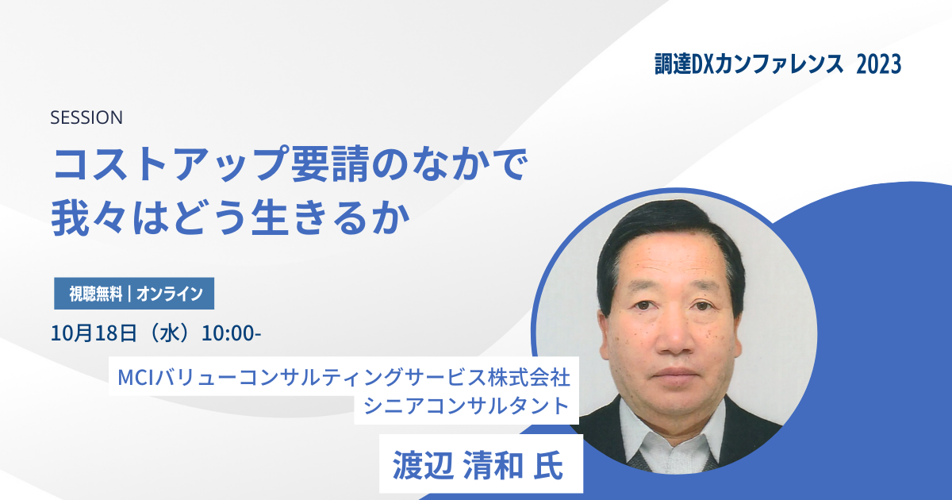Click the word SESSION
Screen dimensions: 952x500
[x=86, y=117]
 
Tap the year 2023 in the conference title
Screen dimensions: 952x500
[x=878, y=64]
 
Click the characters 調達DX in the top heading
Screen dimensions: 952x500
[x=684, y=64]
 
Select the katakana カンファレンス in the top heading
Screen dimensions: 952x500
[x=778, y=64]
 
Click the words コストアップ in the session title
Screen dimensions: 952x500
[x=169, y=164]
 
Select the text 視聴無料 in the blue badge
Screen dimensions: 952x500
[x=96, y=294]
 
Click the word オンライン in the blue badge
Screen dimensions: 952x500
[x=170, y=294]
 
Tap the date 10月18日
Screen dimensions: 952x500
[x=94, y=333]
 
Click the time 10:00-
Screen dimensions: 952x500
[x=231, y=333]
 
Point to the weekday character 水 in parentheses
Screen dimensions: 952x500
[x=170, y=333]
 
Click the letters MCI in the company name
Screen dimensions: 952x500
[x=135, y=377]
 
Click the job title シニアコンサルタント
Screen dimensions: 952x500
[x=466, y=406]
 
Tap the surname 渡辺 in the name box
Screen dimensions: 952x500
[x=422, y=465]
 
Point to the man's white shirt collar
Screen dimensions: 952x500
[x=671, y=433]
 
